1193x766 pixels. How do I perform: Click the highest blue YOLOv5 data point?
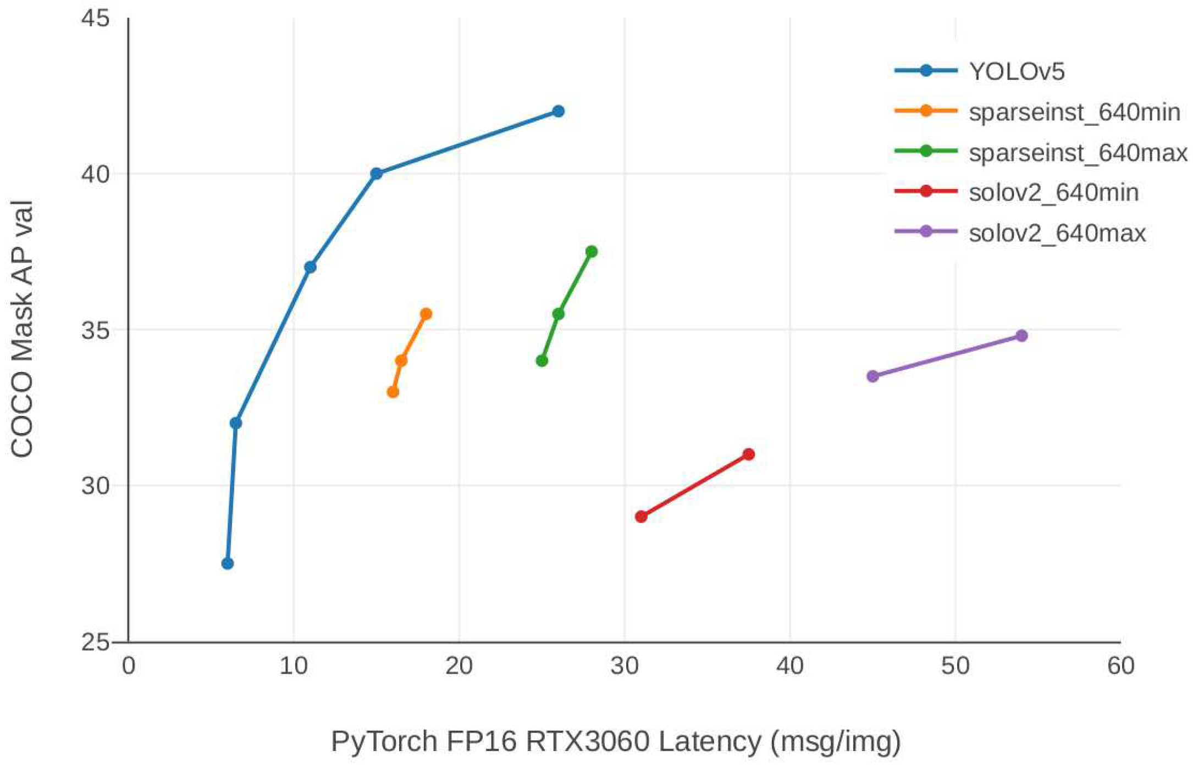click(x=558, y=112)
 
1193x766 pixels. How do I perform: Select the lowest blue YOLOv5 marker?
click(x=227, y=564)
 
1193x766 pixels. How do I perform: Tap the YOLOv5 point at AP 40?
click(x=376, y=174)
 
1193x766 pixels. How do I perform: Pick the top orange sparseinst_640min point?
click(x=426, y=314)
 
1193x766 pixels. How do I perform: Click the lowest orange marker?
click(x=393, y=392)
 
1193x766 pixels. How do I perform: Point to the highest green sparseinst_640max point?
click(x=592, y=252)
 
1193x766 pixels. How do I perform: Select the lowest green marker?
click(x=542, y=361)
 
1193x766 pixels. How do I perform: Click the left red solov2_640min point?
click(x=641, y=517)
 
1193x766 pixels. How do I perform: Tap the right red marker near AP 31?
click(x=748, y=454)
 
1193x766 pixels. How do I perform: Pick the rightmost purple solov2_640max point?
click(x=1021, y=336)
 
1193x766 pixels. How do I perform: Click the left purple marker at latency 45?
click(x=872, y=376)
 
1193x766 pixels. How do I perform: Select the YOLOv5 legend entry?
click(x=1016, y=71)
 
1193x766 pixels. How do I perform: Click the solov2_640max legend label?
click(x=1057, y=234)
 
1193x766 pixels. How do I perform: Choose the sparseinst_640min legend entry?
click(x=1074, y=112)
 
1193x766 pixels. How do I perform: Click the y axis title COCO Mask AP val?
click(x=22, y=329)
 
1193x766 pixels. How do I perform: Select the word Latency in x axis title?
click(x=709, y=741)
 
